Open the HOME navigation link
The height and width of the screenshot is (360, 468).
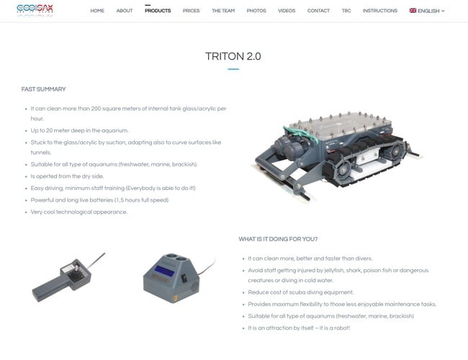pos(97,11)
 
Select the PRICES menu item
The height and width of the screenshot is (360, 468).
pos(191,11)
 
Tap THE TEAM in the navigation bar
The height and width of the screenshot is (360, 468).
pos(223,11)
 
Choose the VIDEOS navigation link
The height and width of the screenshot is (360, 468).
pos(287,11)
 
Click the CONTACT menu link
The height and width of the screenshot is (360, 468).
pos(318,11)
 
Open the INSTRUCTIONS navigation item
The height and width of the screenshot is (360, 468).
pos(380,11)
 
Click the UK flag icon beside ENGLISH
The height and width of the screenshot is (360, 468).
pos(413,11)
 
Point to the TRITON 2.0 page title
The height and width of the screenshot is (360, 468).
pos(233,56)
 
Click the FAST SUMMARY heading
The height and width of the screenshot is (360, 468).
pos(44,89)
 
